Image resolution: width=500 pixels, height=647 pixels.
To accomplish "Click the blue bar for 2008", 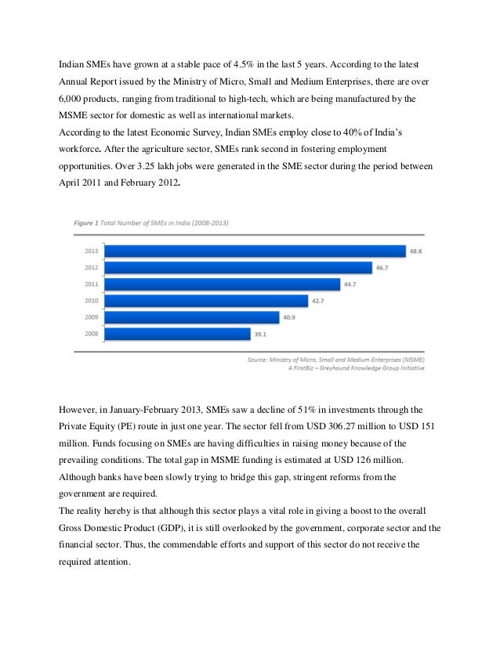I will [x=176, y=334].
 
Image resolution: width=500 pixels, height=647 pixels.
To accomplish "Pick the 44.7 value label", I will [x=353, y=284].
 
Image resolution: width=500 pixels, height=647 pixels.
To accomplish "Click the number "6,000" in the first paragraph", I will [x=73, y=101].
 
